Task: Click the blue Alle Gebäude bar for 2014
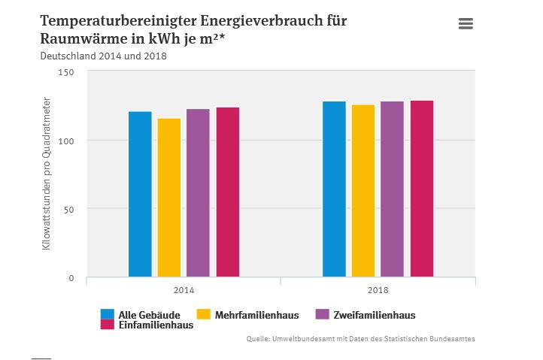click(x=140, y=195)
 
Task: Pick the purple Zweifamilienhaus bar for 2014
click(x=198, y=193)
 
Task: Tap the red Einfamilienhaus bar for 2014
click(x=228, y=192)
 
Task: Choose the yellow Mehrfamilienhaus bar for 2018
click(x=363, y=191)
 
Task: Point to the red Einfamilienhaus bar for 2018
click(x=422, y=189)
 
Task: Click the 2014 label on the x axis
click(x=184, y=290)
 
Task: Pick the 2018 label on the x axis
click(x=378, y=290)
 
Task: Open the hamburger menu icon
click(x=466, y=24)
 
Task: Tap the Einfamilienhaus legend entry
click(x=147, y=325)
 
